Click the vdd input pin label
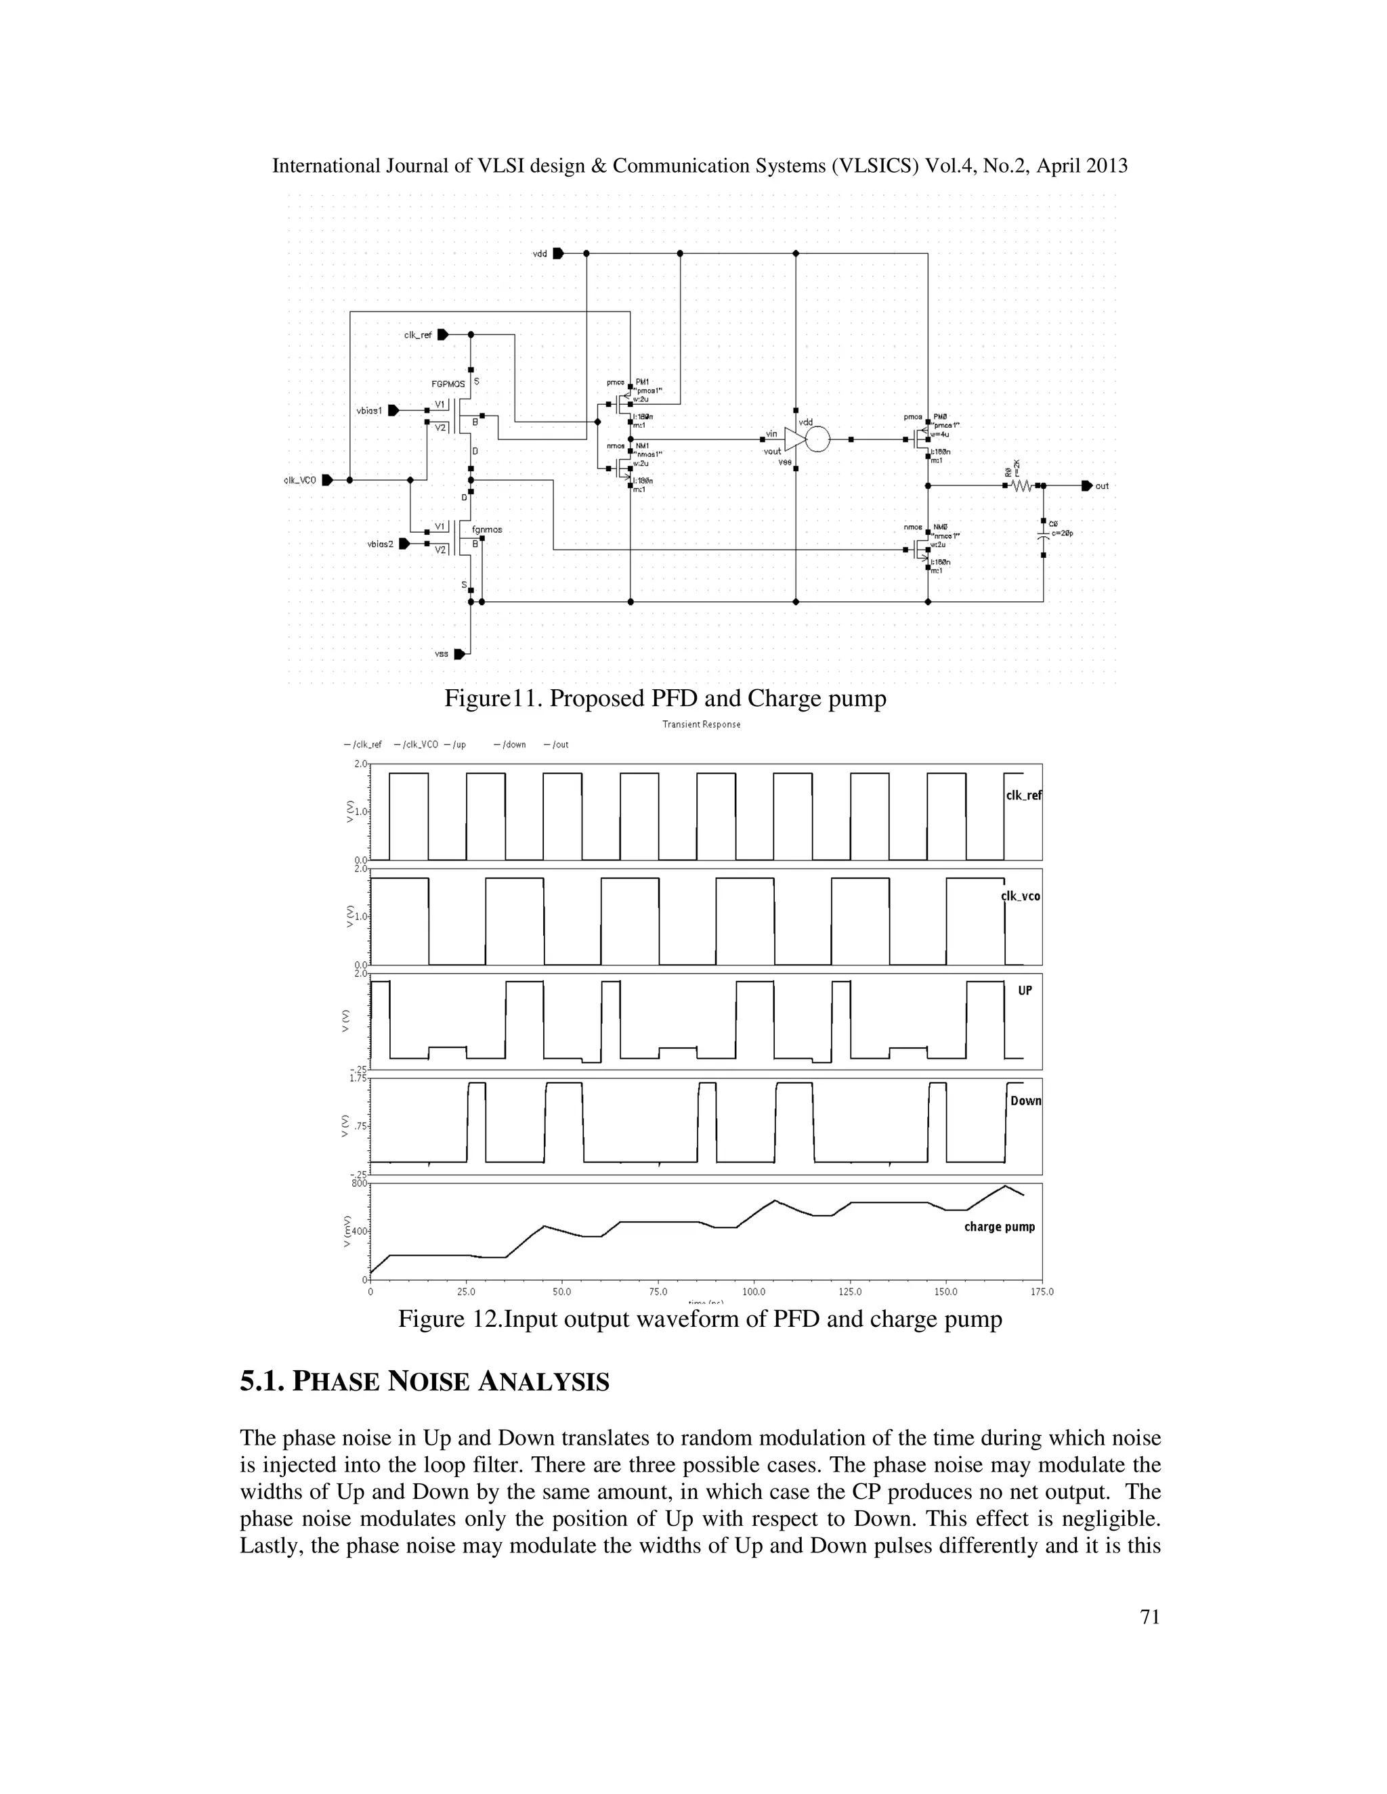[540, 254]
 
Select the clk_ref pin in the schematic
[442, 335]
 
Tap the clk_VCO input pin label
[299, 481]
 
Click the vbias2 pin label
[381, 544]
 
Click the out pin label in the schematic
[1102, 486]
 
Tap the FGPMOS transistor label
[448, 385]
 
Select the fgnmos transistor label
[487, 530]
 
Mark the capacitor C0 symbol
[1044, 535]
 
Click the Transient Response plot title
[701, 724]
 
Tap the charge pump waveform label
[999, 1227]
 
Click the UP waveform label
[1025, 990]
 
